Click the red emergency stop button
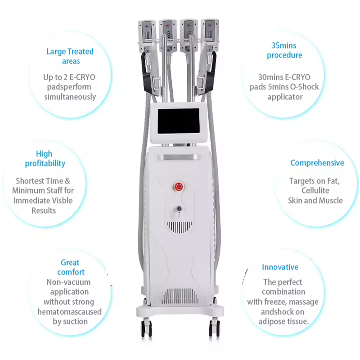[x=179, y=187]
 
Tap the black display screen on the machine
[x=179, y=121]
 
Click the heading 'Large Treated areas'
[x=70, y=56]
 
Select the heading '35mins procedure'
[x=284, y=50]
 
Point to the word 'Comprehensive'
[x=317, y=163]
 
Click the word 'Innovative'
[x=280, y=267]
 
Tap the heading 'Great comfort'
[x=71, y=267]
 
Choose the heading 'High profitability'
[x=45, y=159]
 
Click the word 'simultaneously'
[x=70, y=97]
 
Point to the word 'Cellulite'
[x=315, y=190]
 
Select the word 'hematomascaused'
[x=69, y=311]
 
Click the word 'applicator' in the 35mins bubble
[x=285, y=97]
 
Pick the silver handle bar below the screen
[x=179, y=157]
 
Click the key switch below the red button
[x=179, y=209]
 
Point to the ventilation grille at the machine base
[x=180, y=296]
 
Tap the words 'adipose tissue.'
[x=283, y=321]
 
